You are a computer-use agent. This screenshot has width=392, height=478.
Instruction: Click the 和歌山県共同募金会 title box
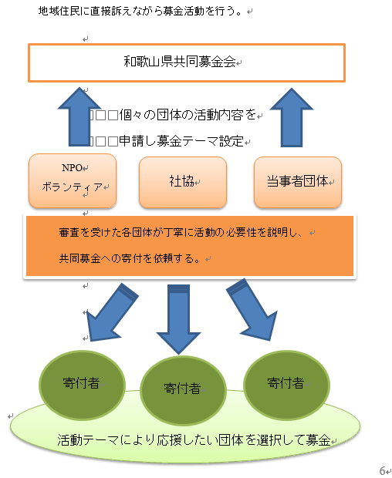(x=187, y=62)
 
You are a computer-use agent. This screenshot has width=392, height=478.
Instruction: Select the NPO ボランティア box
(x=73, y=181)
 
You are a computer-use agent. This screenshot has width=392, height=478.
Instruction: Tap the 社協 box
(x=183, y=182)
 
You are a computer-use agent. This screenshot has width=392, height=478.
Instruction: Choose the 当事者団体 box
(x=298, y=182)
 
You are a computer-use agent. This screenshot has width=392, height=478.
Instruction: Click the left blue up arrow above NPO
(x=79, y=117)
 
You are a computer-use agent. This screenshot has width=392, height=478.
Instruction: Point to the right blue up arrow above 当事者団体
(x=292, y=118)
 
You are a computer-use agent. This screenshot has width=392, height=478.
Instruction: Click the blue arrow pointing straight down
(x=179, y=319)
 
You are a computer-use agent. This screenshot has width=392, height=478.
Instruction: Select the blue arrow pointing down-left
(x=112, y=312)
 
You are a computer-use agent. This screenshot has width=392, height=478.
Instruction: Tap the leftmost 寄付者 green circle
(x=82, y=385)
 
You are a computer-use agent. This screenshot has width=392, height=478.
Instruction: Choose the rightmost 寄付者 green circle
(x=286, y=385)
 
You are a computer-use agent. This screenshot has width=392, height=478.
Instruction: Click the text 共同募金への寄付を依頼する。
(x=130, y=258)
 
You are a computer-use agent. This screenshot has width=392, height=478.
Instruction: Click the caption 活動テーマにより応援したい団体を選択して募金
(x=194, y=440)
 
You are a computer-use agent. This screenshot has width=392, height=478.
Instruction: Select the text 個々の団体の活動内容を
(x=188, y=115)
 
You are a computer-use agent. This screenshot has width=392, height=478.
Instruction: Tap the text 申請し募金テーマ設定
(x=181, y=141)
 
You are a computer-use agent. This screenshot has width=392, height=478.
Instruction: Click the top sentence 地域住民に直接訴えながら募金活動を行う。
(x=140, y=12)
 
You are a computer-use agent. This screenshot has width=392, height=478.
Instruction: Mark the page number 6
(x=382, y=471)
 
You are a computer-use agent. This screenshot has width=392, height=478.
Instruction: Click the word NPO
(x=72, y=167)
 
